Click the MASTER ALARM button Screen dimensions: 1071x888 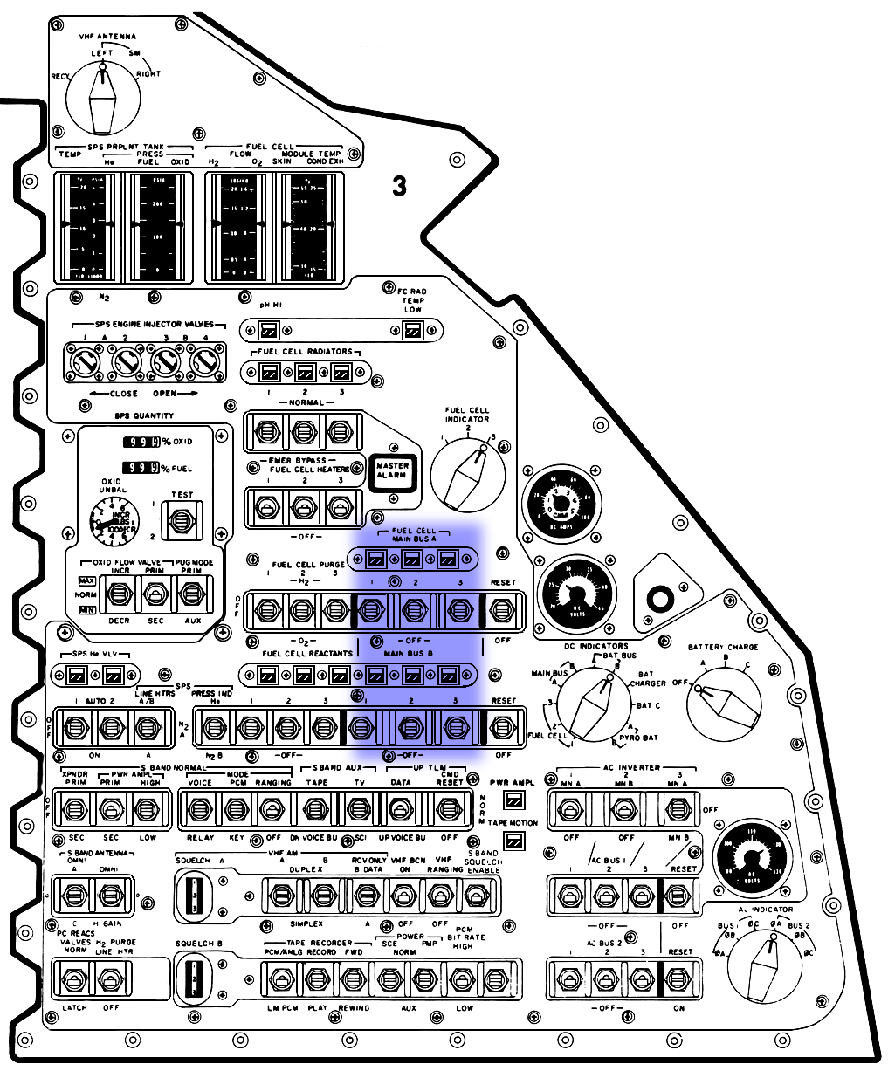point(392,471)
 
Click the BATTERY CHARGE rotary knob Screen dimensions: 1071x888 point(724,705)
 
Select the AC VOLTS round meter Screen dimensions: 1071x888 point(751,860)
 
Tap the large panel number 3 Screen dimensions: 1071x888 point(399,186)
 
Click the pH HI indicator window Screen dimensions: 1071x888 point(269,331)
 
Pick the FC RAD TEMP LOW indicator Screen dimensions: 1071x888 point(412,331)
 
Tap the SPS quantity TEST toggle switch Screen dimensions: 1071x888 point(182,521)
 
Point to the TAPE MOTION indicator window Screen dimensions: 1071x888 point(513,840)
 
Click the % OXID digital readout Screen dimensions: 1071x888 point(141,442)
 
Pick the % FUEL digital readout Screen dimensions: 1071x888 point(141,469)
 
